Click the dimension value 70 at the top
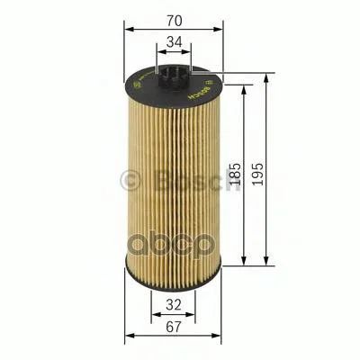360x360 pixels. click(175, 21)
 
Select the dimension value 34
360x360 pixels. click(175, 42)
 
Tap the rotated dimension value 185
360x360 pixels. click(235, 174)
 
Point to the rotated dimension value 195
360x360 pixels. click(257, 174)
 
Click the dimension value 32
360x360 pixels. click(174, 305)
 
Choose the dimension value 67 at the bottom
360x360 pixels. click(174, 327)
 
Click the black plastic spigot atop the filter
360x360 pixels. click(174, 76)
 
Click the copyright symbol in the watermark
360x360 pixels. click(130, 181)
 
